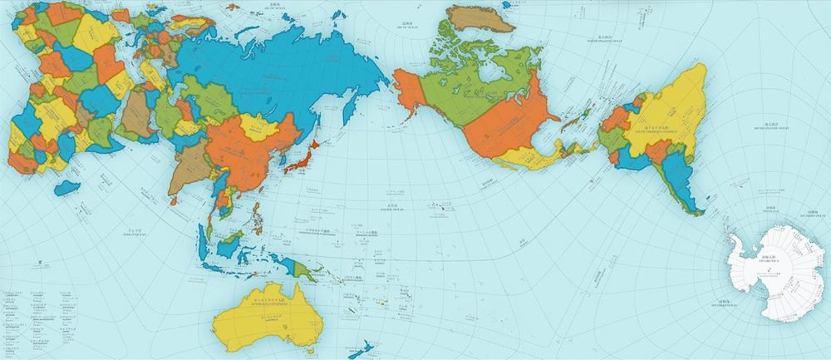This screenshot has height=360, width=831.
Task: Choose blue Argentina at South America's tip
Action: [x=677, y=179]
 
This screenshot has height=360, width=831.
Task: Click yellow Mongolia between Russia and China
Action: [x=263, y=127]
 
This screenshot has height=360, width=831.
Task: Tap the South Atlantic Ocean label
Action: [x=764, y=128]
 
